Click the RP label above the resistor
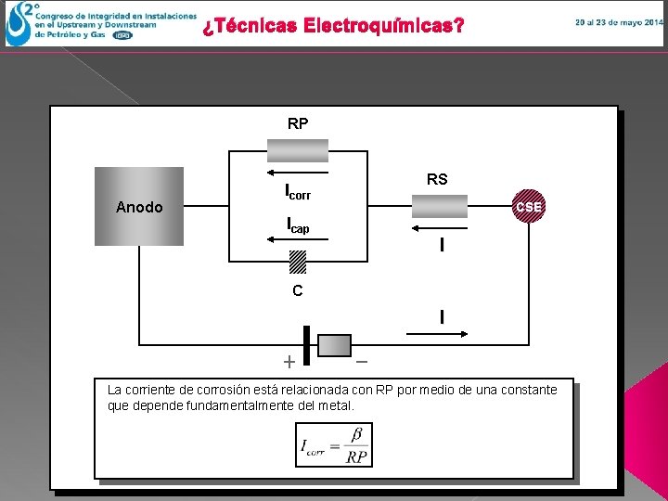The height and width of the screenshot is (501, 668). tap(298, 123)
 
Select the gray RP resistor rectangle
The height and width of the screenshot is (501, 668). tap(298, 150)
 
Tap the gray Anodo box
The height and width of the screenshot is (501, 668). tap(139, 206)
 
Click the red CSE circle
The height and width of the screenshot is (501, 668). tap(529, 207)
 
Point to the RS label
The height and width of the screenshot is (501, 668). tap(437, 180)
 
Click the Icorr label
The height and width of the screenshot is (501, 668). tap(298, 193)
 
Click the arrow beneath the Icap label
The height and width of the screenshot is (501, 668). tap(297, 239)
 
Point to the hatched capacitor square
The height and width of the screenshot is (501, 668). tap(298, 263)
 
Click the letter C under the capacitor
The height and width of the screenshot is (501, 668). tap(297, 290)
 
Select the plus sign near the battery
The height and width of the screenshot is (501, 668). tap(289, 361)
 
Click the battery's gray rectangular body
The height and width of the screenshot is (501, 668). tap(335, 344)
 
